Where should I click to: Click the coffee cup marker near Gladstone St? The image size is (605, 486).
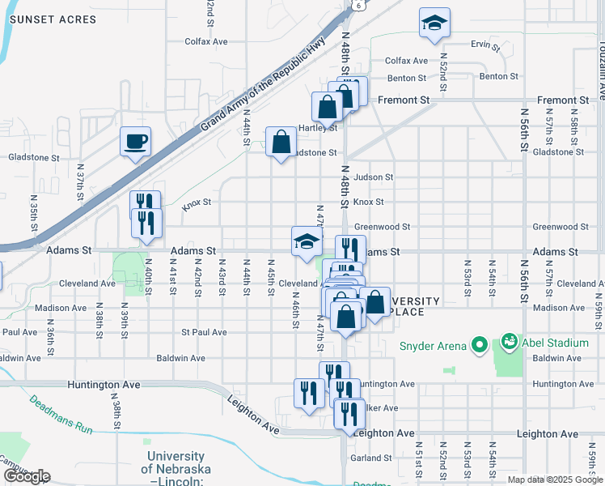135,142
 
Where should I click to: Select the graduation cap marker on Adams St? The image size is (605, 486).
307,241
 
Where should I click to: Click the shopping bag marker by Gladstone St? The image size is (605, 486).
281,142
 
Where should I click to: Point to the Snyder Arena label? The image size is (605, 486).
433,346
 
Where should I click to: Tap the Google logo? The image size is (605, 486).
27,476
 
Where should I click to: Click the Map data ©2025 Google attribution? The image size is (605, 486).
555,480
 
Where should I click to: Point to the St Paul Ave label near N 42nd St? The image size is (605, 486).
204,332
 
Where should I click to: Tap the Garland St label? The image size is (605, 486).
371,458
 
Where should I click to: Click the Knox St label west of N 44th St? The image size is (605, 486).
197,203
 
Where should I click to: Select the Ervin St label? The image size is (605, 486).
481,45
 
